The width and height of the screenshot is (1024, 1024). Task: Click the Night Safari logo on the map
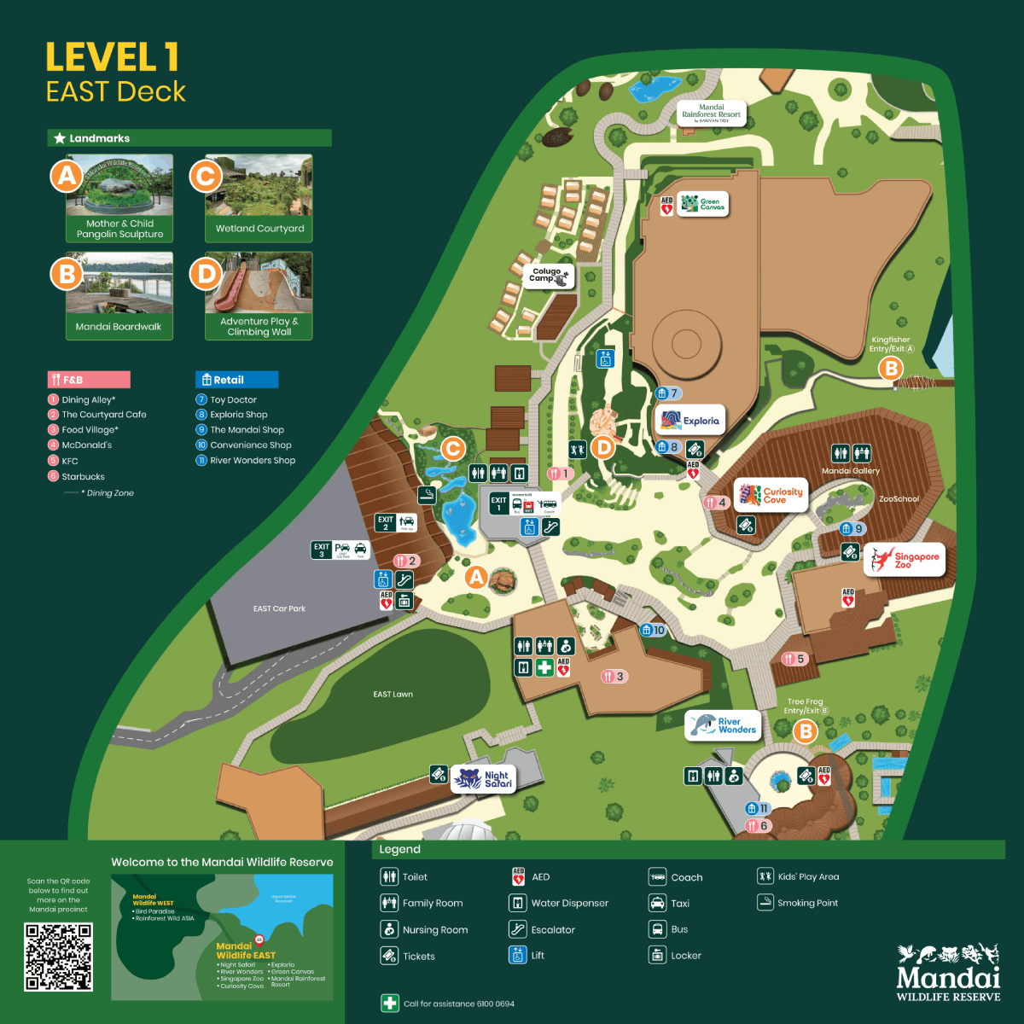(483, 778)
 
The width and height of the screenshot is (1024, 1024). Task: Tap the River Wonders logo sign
(722, 725)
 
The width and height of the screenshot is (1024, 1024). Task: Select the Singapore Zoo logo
(905, 560)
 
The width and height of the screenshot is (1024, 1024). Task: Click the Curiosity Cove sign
(771, 495)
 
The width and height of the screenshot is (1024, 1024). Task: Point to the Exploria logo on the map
(690, 420)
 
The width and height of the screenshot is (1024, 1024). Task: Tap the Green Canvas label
(703, 204)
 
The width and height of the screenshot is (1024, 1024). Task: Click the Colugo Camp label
(550, 276)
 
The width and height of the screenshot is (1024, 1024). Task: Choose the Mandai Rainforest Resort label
(711, 113)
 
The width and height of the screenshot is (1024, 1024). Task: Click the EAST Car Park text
(279, 608)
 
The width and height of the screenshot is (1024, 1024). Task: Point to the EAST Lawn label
(393, 694)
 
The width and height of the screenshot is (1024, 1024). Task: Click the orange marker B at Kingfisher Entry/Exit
(891, 369)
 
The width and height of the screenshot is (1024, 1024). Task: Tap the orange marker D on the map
(603, 447)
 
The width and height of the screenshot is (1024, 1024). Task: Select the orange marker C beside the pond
(453, 448)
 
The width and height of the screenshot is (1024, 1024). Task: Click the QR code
(58, 957)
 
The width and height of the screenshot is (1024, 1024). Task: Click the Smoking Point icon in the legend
(765, 903)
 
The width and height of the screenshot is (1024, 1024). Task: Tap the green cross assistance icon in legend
(390, 1004)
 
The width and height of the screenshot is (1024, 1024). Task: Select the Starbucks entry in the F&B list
(83, 477)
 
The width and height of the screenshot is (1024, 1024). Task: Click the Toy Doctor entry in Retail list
(233, 399)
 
